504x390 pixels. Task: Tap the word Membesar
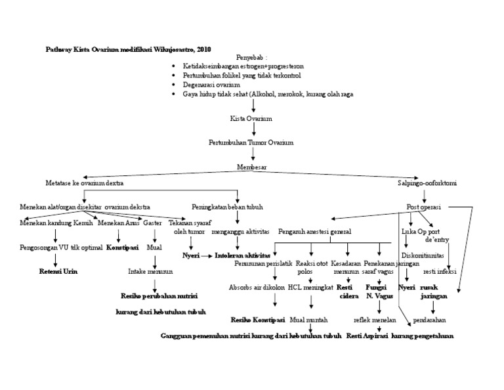251,167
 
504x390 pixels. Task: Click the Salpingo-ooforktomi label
427,183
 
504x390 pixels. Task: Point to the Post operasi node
425,207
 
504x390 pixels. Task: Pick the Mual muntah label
308,320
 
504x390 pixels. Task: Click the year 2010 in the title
203,49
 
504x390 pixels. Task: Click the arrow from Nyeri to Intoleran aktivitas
206,255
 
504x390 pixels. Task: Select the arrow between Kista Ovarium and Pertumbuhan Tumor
253,131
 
